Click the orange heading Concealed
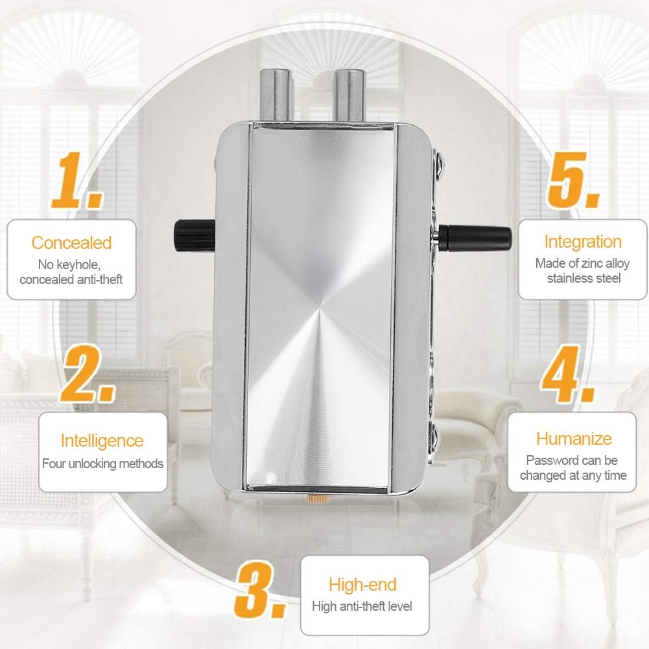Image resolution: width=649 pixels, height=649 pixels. point(71,243)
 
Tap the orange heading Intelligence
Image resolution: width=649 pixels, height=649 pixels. point(102,441)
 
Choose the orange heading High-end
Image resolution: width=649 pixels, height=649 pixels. point(362,585)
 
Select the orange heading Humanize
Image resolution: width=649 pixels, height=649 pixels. point(574,439)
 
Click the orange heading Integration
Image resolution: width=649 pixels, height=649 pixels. point(583,242)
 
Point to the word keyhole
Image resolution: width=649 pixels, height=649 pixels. point(78,265)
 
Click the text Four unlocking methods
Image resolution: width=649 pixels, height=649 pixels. point(102,464)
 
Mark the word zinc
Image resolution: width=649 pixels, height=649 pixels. point(592,263)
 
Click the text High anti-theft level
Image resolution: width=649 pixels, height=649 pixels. point(362,606)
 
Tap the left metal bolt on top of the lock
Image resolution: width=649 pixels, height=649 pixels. point(276,95)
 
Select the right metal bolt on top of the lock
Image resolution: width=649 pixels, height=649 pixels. point(349,95)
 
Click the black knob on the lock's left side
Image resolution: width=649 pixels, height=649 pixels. point(194,236)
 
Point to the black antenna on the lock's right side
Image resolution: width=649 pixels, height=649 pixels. point(475,238)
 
